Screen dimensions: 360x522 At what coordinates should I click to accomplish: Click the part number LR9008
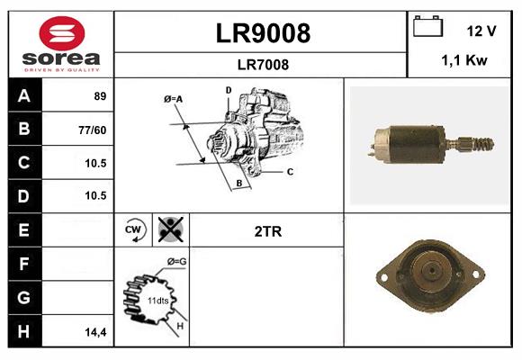(262, 33)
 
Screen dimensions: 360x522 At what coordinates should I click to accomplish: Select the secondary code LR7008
(262, 64)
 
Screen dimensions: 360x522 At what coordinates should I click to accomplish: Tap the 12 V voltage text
(481, 31)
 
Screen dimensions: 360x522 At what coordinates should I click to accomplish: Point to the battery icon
(428, 28)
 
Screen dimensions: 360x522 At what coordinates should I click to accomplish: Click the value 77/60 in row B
(93, 130)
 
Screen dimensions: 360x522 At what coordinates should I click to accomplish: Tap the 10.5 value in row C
(94, 163)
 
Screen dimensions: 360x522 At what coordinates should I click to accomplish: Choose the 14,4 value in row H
(94, 332)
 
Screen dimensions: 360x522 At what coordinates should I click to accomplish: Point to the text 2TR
(267, 231)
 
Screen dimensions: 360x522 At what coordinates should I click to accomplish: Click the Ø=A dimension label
(174, 99)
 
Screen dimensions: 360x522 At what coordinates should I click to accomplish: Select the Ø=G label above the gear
(176, 262)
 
